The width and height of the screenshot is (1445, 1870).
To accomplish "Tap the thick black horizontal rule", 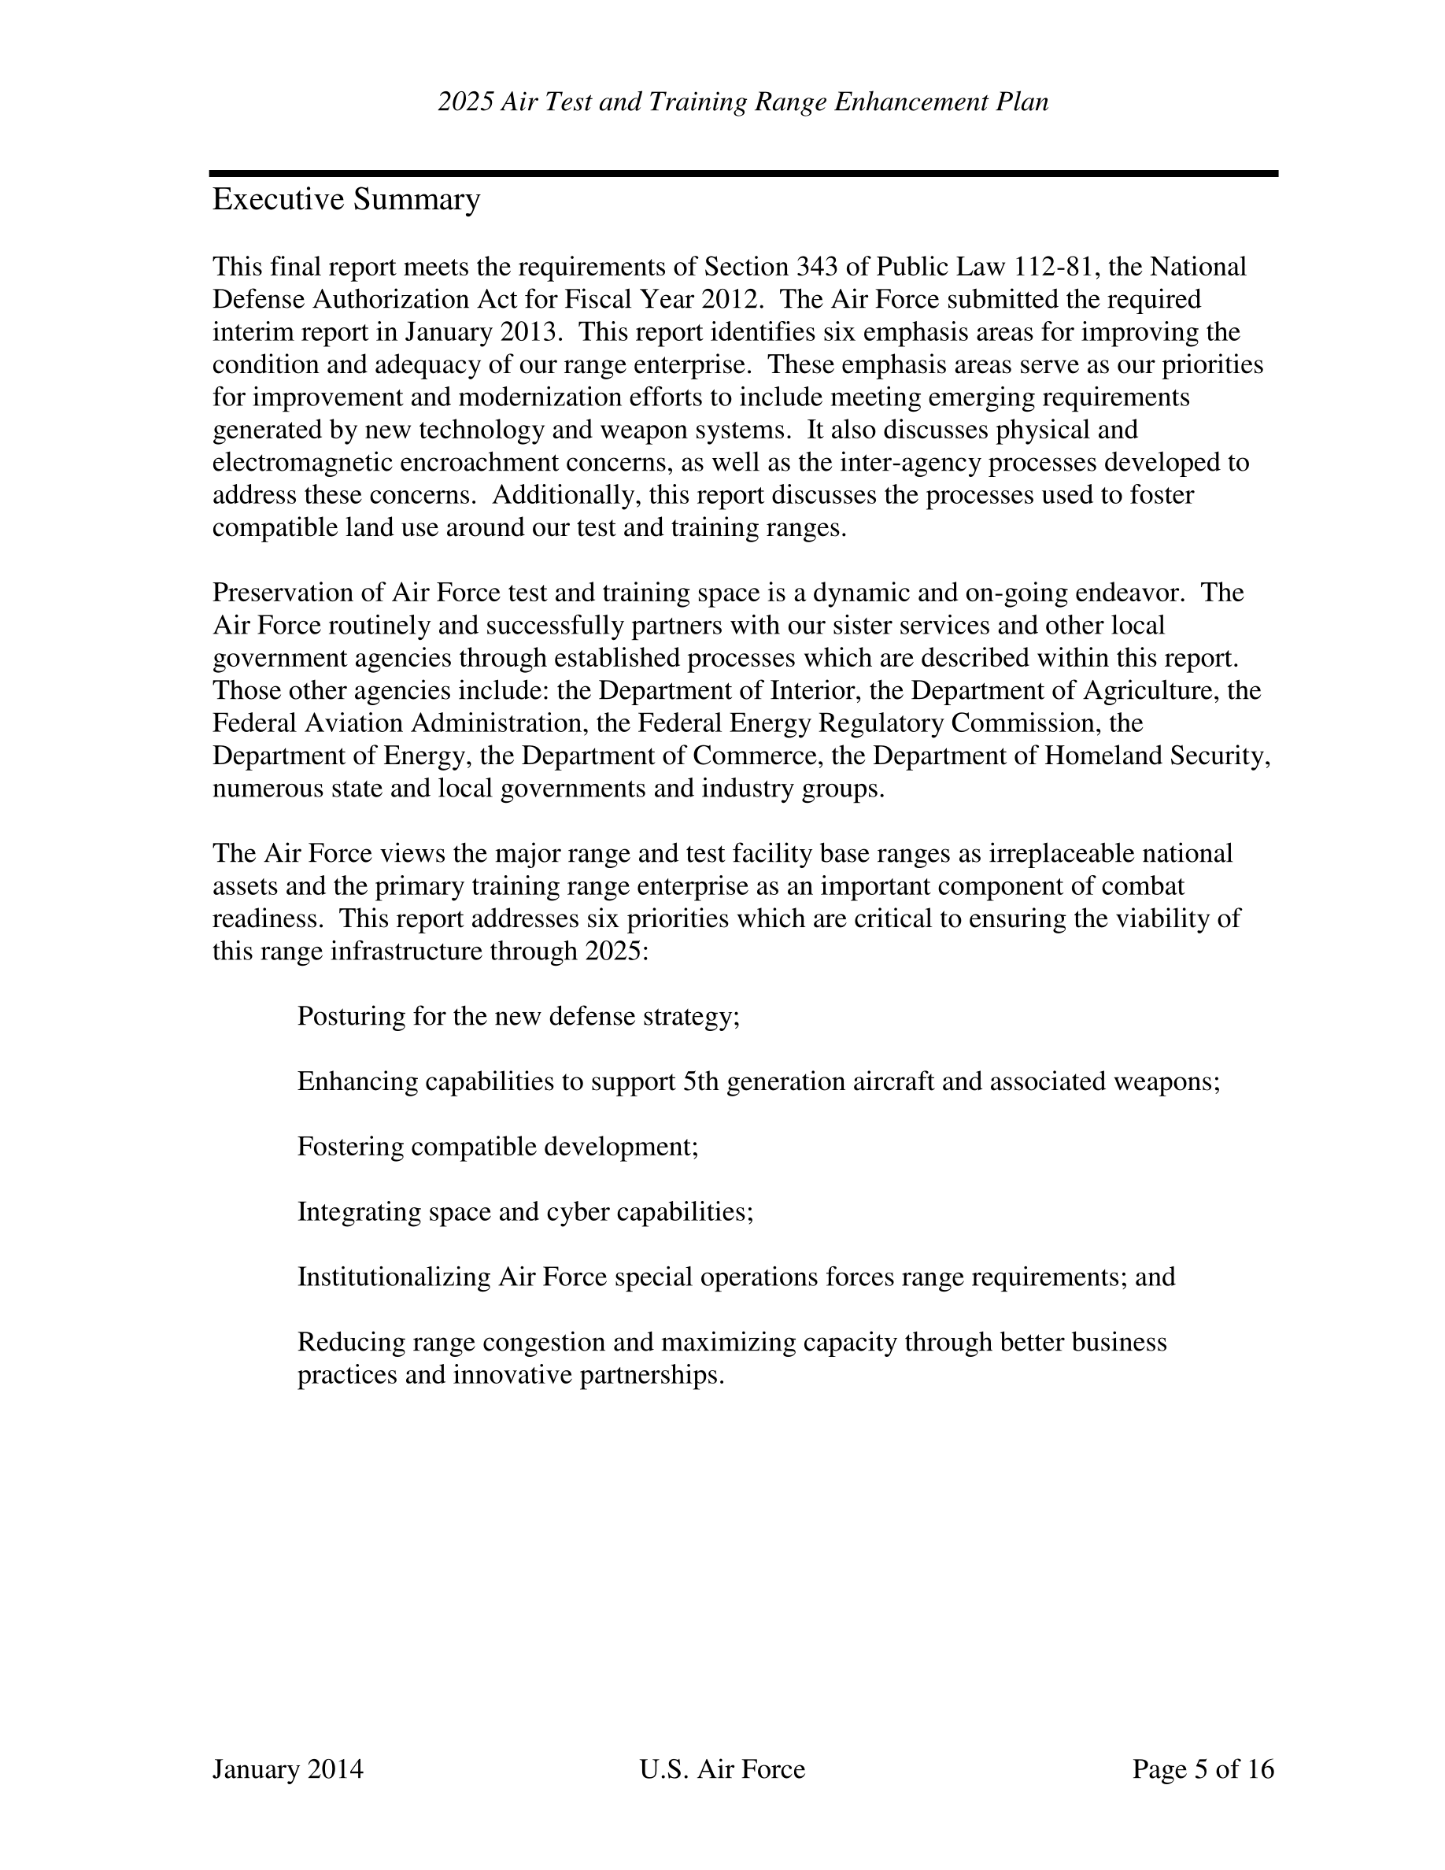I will point(743,174).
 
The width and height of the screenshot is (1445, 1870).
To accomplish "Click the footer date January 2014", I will point(287,1769).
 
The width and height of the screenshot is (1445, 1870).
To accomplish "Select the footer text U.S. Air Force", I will point(722,1769).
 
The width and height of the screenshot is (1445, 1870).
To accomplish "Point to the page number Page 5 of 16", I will point(1203,1769).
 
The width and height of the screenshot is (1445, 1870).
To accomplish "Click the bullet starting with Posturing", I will point(518,1016).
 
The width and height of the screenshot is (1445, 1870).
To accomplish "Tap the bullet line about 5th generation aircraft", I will point(758,1081).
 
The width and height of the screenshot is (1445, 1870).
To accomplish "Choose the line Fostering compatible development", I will point(497,1147).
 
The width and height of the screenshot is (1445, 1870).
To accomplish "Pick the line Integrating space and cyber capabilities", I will point(525,1211).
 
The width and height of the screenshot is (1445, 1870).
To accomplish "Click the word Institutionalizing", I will point(393,1277).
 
